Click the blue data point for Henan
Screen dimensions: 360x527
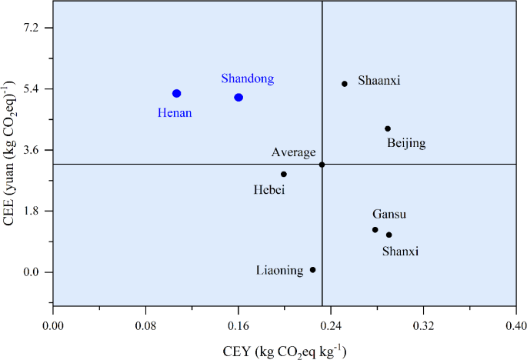coord(176,93)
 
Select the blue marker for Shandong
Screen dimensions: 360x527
coord(238,97)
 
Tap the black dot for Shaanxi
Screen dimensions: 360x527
coord(345,84)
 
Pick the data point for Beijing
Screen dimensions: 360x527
coord(388,128)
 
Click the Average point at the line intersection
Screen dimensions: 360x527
coord(322,164)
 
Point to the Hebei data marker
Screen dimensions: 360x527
coord(284,174)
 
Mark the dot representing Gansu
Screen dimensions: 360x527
coord(375,229)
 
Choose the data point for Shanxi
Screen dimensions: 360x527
coord(389,235)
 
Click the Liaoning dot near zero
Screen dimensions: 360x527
coord(312,269)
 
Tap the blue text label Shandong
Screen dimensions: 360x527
coord(247,78)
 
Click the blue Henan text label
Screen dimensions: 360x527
coord(175,113)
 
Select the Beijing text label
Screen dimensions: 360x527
coord(406,143)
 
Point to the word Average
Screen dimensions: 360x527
coord(293,152)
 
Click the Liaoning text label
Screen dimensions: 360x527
coord(280,270)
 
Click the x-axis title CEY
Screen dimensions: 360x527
coord(284,350)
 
